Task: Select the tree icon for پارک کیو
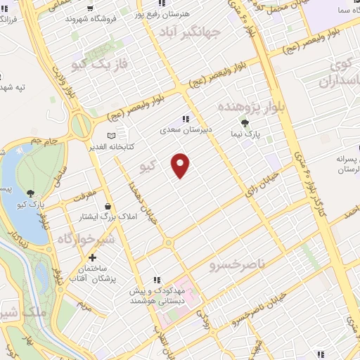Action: pos(30,193)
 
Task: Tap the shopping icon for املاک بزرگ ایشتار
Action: pos(108,206)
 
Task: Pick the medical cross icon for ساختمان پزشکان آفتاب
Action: pos(93,258)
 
